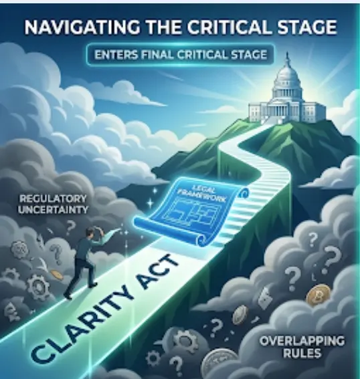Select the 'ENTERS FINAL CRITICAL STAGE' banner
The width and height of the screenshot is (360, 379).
(x=181, y=55)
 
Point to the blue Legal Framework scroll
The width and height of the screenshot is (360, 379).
(x=191, y=211)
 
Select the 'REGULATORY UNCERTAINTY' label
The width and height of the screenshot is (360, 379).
(x=52, y=204)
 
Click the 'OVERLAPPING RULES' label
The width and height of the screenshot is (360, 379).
(x=302, y=346)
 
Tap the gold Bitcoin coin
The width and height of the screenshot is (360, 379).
(x=318, y=294)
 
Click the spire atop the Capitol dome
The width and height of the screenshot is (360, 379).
(x=288, y=58)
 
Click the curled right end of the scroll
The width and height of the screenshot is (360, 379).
(x=242, y=194)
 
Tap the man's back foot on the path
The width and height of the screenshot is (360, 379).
(x=68, y=293)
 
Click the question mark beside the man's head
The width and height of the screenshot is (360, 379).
(x=70, y=227)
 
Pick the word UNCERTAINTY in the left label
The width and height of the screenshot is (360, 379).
(x=52, y=209)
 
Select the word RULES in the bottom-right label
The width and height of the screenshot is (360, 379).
(x=302, y=353)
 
